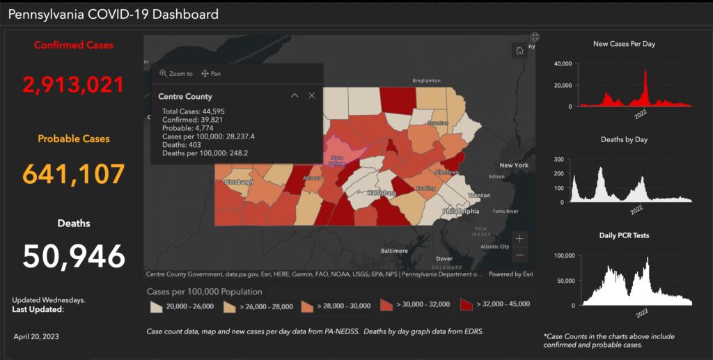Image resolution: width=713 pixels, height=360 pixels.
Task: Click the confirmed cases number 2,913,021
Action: [73, 84]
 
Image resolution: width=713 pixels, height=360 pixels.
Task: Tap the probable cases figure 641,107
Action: [74, 173]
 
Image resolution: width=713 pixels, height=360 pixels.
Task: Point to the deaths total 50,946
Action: [74, 256]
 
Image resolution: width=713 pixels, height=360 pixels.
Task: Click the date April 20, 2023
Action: [36, 336]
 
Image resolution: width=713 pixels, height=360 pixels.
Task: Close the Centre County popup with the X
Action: [311, 96]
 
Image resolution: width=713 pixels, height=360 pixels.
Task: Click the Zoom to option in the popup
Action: [176, 73]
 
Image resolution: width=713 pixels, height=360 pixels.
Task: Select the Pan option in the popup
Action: [211, 73]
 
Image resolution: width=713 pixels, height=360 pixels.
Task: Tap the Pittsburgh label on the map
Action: [238, 182]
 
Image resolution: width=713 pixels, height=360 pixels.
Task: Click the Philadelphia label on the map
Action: [460, 211]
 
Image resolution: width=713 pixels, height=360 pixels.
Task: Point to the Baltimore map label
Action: [394, 250]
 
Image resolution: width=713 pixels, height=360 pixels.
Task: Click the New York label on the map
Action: [515, 165]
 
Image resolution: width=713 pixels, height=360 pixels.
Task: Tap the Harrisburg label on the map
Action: [382, 191]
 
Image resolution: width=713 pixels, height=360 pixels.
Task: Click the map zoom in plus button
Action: [519, 238]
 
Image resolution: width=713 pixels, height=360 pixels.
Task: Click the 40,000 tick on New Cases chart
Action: [562, 64]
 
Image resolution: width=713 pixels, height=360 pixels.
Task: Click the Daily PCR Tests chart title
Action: [624, 235]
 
